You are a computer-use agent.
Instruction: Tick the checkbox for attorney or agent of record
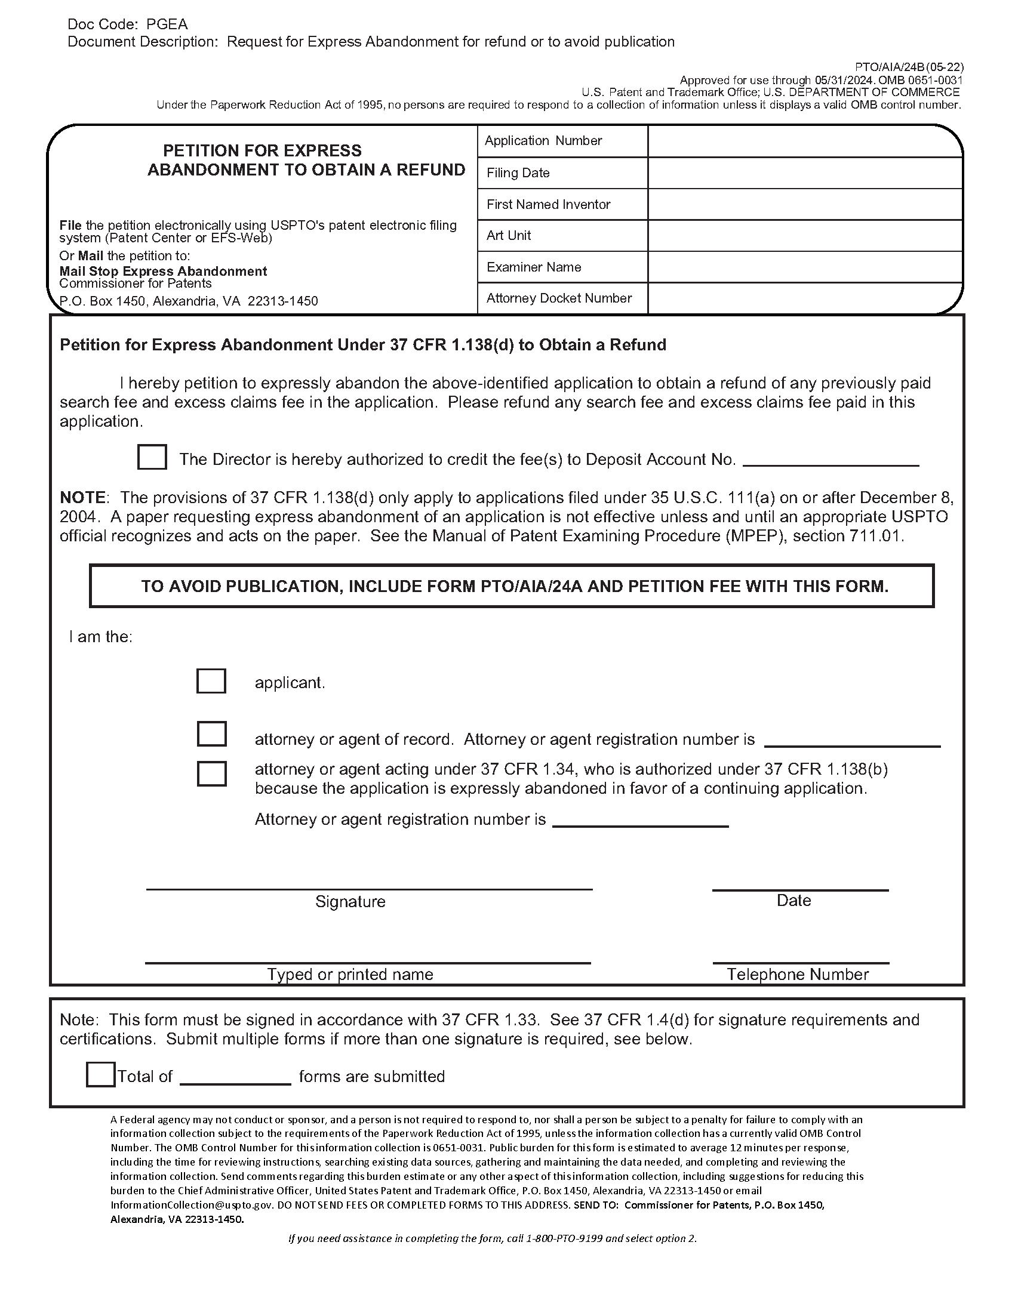(x=212, y=733)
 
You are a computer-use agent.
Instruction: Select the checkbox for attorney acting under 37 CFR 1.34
(x=212, y=773)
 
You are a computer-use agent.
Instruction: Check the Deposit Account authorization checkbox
(x=152, y=457)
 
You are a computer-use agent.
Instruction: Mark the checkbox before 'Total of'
(x=100, y=1074)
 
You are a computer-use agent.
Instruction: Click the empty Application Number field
(x=805, y=141)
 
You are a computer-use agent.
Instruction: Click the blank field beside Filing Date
(x=805, y=173)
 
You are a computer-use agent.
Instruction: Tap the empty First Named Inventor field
(x=805, y=204)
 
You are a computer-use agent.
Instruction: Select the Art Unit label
(x=509, y=236)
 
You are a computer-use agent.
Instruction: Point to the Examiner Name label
(x=533, y=267)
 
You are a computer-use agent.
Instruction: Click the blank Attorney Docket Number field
(x=805, y=299)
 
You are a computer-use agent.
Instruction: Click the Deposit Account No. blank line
(x=831, y=462)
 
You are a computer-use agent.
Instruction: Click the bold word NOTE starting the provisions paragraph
(x=82, y=498)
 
